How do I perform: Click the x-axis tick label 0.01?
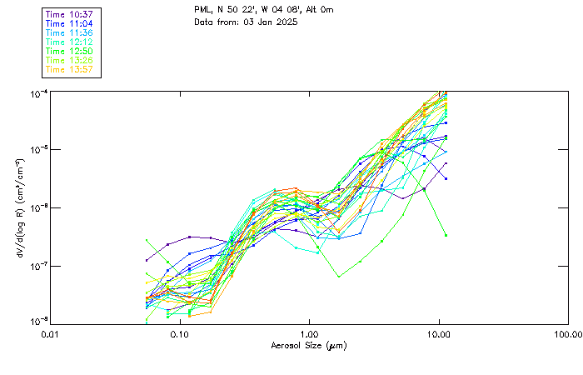50,333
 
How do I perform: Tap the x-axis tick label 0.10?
179,333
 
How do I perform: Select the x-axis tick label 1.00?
309,333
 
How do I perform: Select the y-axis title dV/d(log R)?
19,206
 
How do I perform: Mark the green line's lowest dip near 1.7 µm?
339,277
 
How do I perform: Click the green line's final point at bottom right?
446,235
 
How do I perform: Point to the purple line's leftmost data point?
147,260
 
